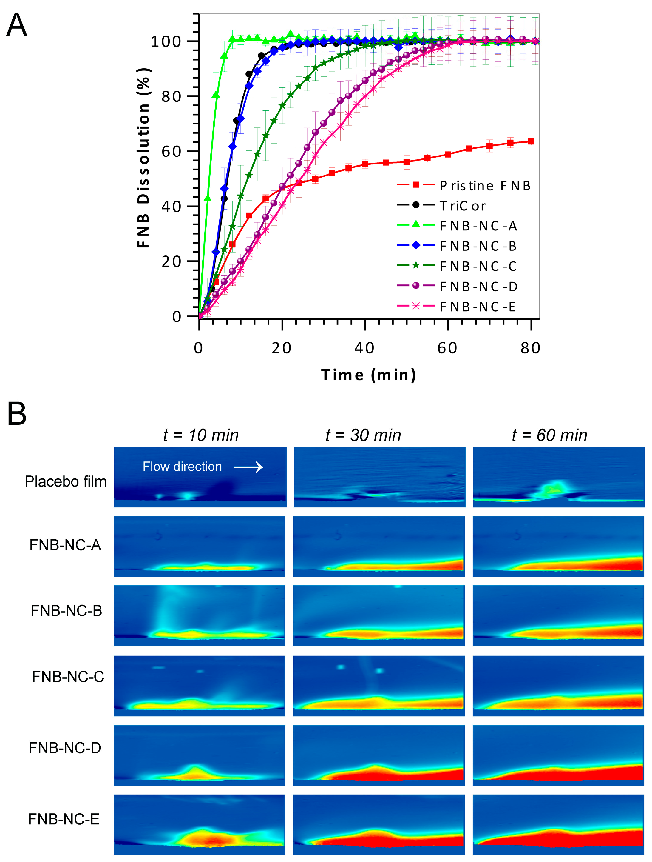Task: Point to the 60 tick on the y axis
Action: point(172,152)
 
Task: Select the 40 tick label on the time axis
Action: point(364,348)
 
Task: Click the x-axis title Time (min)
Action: point(368,375)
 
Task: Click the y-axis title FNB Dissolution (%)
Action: point(143,158)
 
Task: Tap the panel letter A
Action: point(17,25)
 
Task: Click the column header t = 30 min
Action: point(363,435)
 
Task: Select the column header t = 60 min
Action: point(549,435)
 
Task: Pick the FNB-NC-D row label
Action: point(65,748)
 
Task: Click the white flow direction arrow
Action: point(248,467)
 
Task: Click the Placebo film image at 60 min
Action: point(559,477)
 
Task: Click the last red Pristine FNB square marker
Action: point(531,141)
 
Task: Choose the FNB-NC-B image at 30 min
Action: point(379,616)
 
